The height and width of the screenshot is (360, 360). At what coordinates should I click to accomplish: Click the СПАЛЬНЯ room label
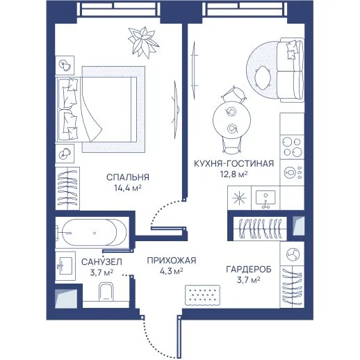tap(128, 177)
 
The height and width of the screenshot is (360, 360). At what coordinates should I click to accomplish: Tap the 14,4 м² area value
tap(128, 188)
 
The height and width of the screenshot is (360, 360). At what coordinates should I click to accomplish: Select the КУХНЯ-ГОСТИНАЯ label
tap(234, 163)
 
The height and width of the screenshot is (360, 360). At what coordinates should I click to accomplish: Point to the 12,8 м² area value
tap(234, 174)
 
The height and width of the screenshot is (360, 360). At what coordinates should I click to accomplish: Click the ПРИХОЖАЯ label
tap(172, 261)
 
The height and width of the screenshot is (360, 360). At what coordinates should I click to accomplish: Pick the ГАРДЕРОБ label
tap(249, 270)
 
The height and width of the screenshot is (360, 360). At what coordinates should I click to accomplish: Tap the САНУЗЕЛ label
tap(101, 262)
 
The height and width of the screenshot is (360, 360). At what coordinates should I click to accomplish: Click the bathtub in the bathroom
tap(92, 233)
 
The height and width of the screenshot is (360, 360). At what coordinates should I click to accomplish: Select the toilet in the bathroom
tap(106, 291)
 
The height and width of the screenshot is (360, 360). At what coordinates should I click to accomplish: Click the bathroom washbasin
tap(65, 266)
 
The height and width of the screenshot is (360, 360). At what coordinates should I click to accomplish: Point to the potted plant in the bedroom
tap(143, 42)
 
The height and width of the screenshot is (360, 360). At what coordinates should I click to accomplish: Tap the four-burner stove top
tap(292, 147)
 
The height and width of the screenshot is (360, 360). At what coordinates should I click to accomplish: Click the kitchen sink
tap(265, 198)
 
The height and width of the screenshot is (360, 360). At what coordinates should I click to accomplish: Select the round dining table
tap(231, 120)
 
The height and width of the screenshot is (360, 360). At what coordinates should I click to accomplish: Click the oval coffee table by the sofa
tap(263, 78)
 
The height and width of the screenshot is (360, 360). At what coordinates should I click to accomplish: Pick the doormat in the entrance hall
tap(202, 295)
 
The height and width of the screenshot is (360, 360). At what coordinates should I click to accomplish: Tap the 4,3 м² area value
tap(172, 271)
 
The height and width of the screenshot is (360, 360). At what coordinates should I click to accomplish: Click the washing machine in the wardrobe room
tap(293, 254)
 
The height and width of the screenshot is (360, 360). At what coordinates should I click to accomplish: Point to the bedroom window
tap(119, 9)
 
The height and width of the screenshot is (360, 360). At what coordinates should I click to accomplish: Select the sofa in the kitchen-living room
tap(291, 70)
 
